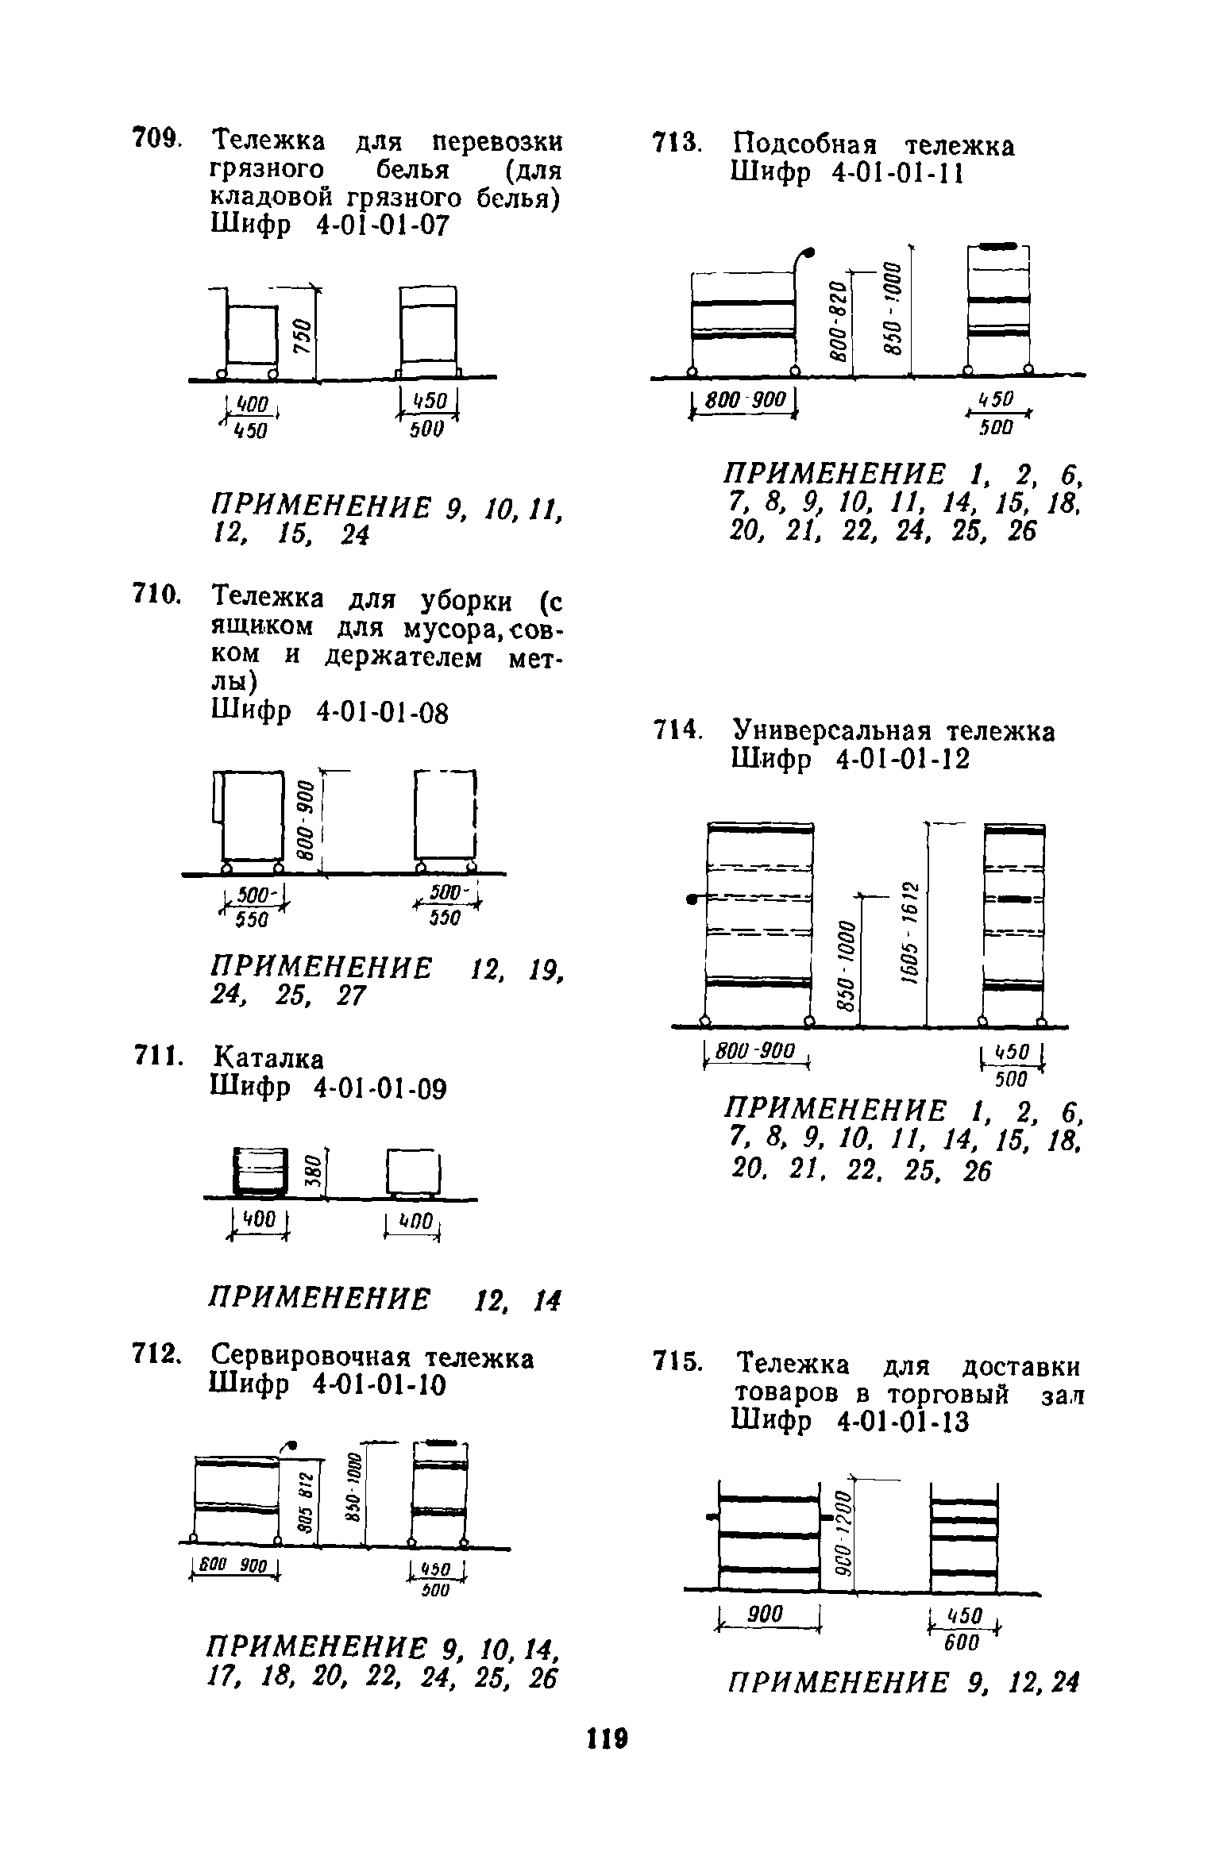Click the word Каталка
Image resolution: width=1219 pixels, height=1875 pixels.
269,1059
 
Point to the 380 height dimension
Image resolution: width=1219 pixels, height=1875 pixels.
313,1169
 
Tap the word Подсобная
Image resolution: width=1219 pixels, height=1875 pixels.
805,146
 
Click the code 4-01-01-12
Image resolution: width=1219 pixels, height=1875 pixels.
903,760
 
